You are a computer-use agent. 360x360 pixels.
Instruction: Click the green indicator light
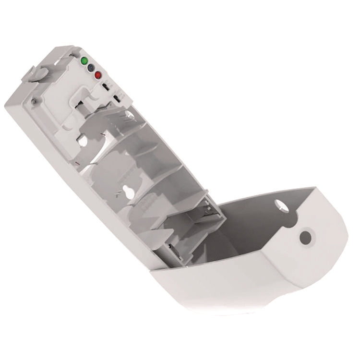[84, 61]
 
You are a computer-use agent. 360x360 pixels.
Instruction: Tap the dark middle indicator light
[90, 68]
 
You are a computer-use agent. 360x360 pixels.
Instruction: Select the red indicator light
[97, 75]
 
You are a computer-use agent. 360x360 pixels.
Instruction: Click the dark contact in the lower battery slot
[168, 248]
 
